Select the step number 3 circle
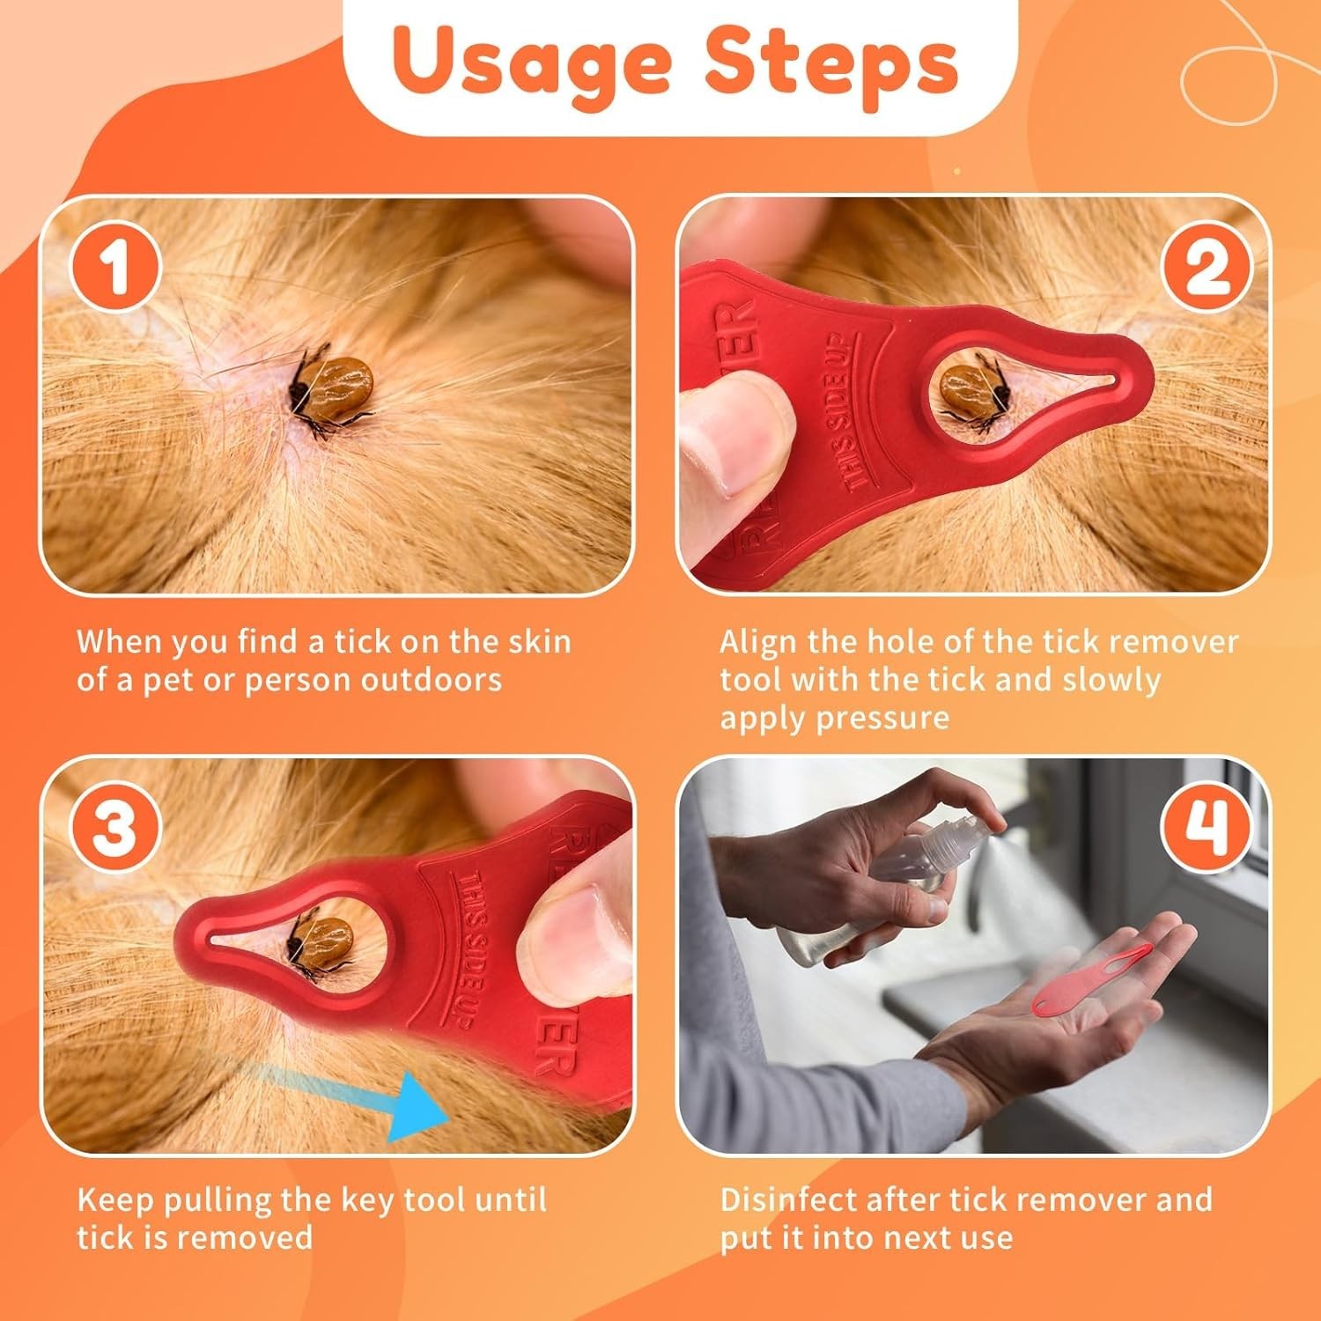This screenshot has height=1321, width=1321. (x=115, y=829)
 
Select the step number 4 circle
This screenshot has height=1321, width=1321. (x=1206, y=829)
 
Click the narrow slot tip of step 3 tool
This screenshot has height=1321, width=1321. (x=220, y=941)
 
